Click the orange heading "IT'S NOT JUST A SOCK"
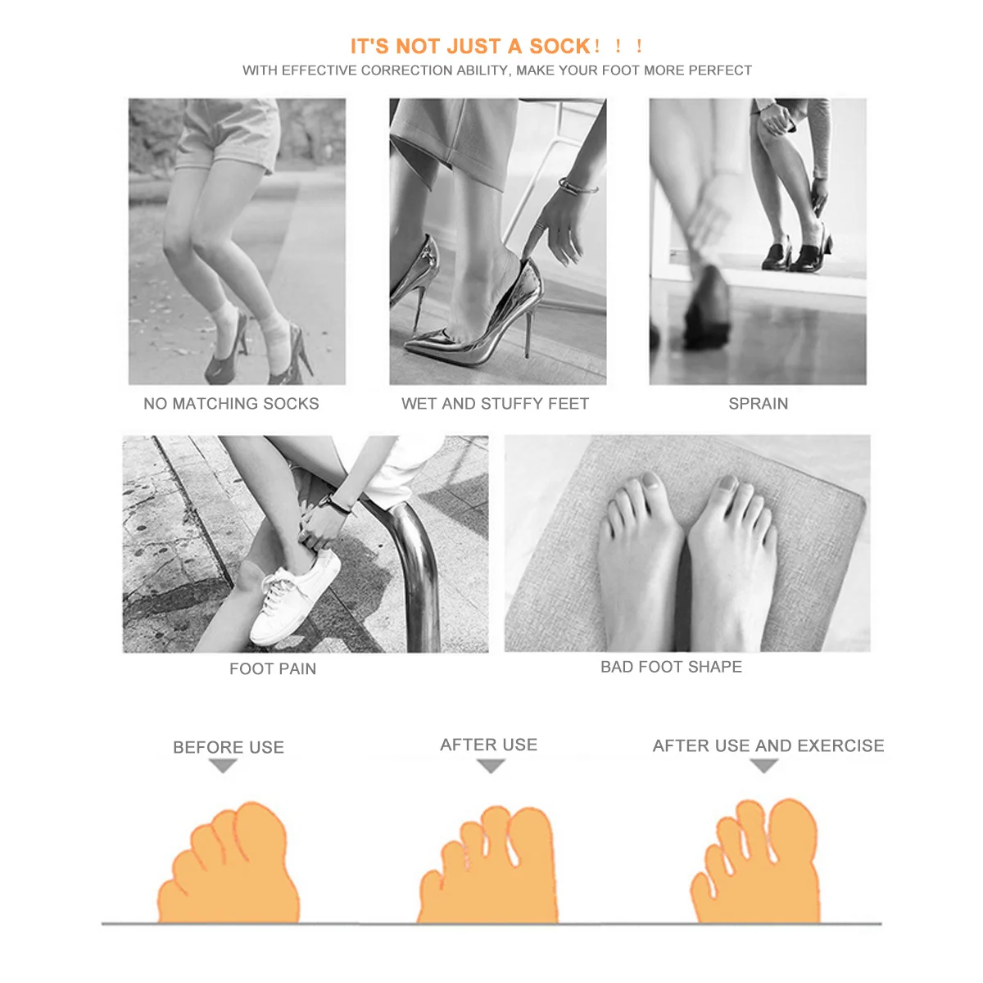click(470, 47)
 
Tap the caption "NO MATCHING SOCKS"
click(231, 404)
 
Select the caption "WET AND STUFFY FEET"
click(495, 404)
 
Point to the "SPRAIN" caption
click(758, 404)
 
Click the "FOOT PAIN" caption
click(273, 669)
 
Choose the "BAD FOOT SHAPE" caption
click(671, 667)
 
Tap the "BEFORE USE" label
click(229, 747)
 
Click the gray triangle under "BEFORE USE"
click(223, 766)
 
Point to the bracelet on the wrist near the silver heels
click(577, 186)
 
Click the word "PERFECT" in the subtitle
click(720, 70)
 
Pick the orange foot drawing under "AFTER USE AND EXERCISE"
click(758, 864)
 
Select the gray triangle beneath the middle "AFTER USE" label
click(490, 766)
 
